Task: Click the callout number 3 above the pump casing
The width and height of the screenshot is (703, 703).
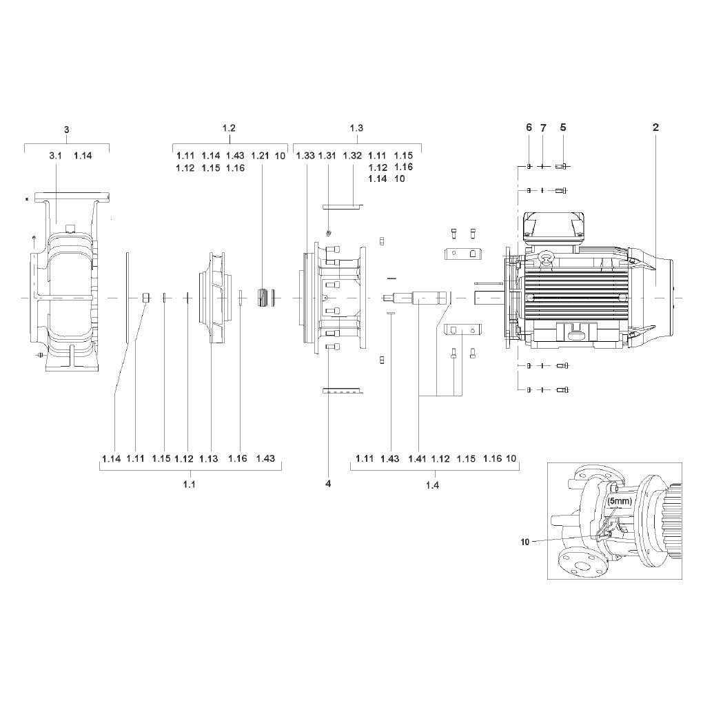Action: (67, 130)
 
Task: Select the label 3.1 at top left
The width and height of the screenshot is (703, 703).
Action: (56, 156)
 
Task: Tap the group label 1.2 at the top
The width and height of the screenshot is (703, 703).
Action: (229, 128)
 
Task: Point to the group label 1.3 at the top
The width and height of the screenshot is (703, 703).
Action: (356, 128)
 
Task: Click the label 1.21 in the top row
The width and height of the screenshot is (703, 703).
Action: (260, 156)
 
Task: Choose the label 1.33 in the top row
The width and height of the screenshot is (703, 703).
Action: (305, 156)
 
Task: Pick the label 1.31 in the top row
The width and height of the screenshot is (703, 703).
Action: (327, 156)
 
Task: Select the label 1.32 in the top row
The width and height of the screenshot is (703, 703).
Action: (352, 156)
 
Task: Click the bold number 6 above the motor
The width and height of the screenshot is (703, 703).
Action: (529, 128)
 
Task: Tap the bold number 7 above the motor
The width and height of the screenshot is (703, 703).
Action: (543, 128)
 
